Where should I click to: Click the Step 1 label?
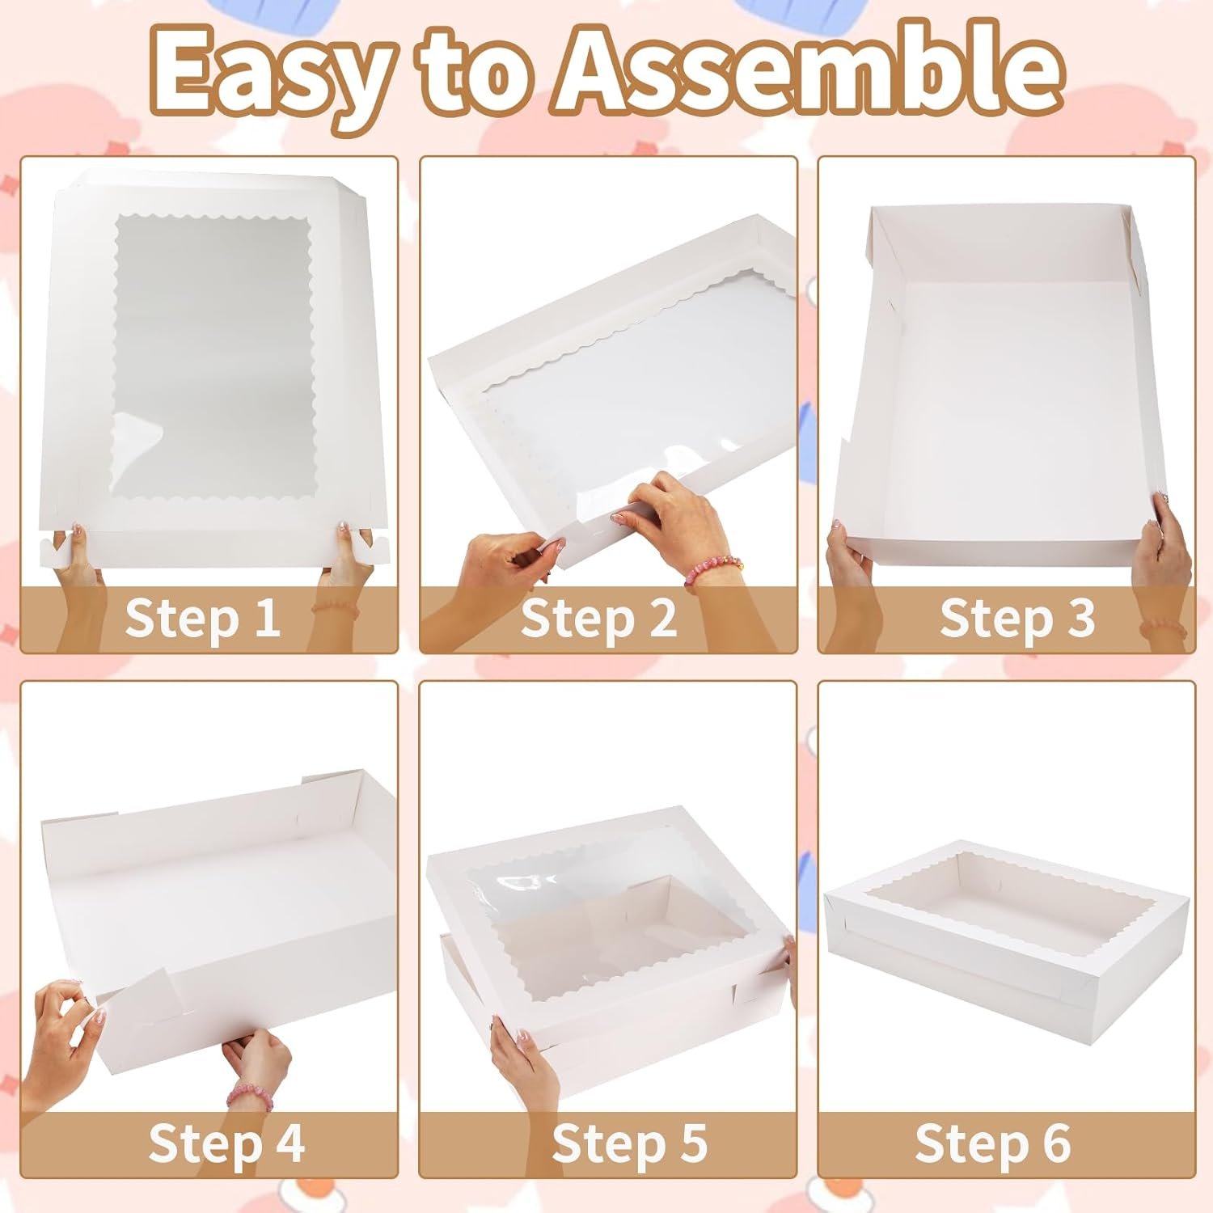click(x=202, y=618)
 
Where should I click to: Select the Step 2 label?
click(x=598, y=618)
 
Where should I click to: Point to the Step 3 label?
click(x=1017, y=618)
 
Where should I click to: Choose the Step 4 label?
click(x=226, y=1143)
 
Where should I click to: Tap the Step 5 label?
click(x=629, y=1143)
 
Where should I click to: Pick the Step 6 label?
click(x=992, y=1143)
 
